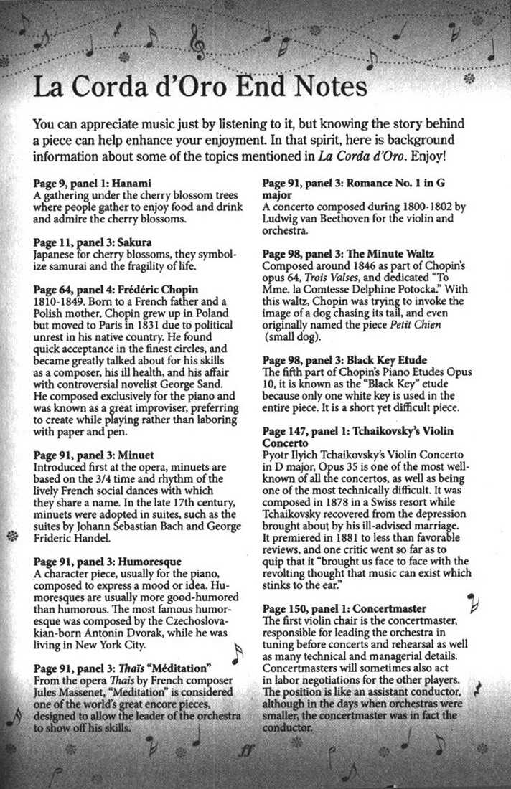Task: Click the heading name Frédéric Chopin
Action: (159, 288)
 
